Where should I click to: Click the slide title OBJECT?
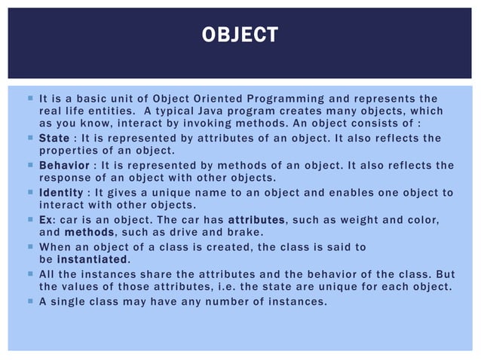tap(240, 35)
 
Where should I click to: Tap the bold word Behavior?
tap(63, 165)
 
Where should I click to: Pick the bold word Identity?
tap(61, 192)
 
